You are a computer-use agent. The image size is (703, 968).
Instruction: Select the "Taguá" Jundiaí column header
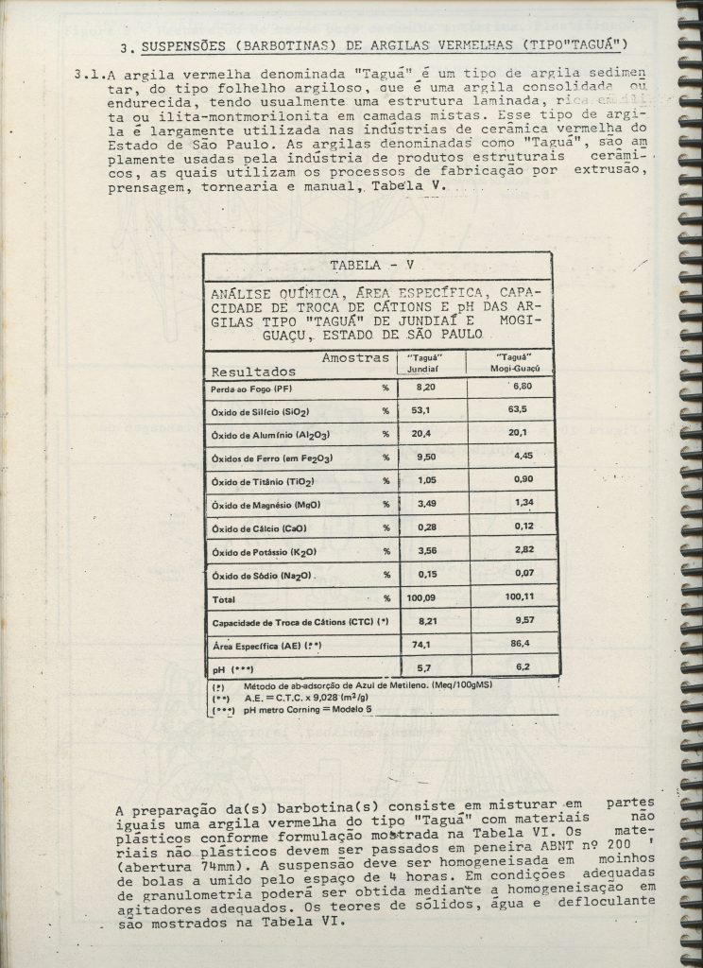click(426, 364)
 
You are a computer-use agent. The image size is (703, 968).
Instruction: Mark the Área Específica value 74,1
click(422, 645)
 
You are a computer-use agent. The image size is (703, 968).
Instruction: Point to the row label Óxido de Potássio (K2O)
click(266, 552)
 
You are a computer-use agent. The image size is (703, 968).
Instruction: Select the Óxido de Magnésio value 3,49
click(422, 505)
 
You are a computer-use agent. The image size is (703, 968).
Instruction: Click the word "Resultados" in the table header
click(252, 372)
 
